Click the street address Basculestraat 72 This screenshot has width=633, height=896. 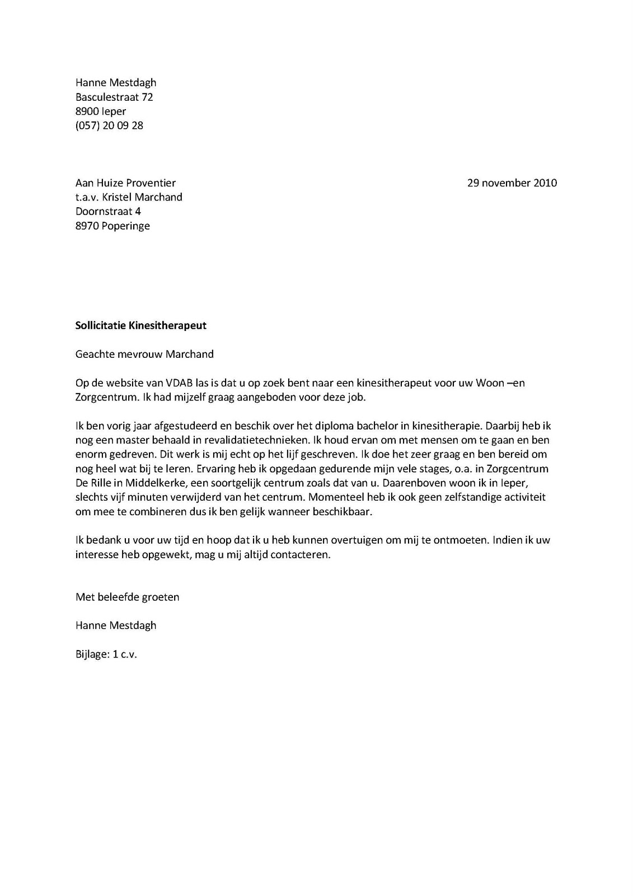pos(114,97)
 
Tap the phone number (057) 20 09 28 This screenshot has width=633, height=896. pos(109,125)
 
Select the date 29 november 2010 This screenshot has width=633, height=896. pos(512,183)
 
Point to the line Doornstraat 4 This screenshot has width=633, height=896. pos(108,212)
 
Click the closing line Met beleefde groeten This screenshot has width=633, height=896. pos(127,597)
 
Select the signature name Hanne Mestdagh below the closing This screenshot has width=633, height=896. pos(116,626)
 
